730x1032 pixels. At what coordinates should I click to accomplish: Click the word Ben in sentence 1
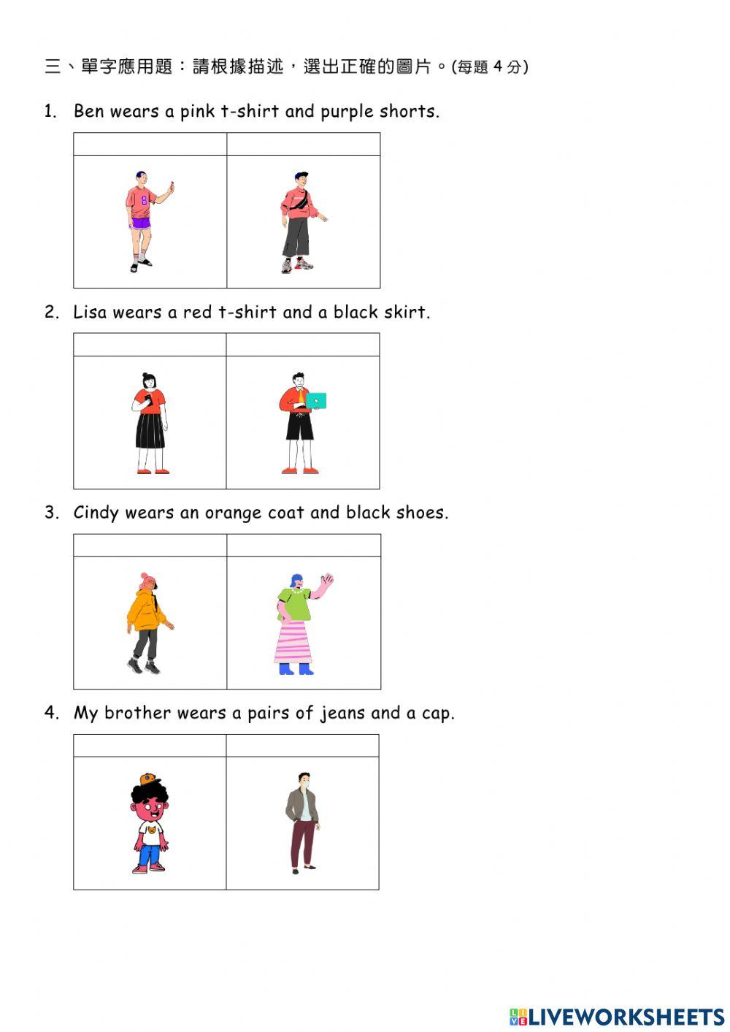click(x=88, y=112)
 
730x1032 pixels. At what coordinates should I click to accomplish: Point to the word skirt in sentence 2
click(x=409, y=313)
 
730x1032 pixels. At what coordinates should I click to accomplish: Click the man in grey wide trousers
click(x=299, y=223)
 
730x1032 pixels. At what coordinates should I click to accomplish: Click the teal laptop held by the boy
click(x=316, y=400)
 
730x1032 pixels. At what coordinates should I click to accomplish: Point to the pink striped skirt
click(x=293, y=641)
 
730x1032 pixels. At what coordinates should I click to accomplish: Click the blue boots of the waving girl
click(x=296, y=668)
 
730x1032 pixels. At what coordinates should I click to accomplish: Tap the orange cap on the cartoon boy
click(x=150, y=778)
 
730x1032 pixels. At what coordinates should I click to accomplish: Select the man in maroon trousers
click(x=301, y=823)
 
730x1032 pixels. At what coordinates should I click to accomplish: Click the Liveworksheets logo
click(x=617, y=1016)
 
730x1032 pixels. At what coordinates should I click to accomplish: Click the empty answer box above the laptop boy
click(x=302, y=345)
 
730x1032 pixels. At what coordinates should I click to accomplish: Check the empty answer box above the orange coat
click(x=150, y=546)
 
